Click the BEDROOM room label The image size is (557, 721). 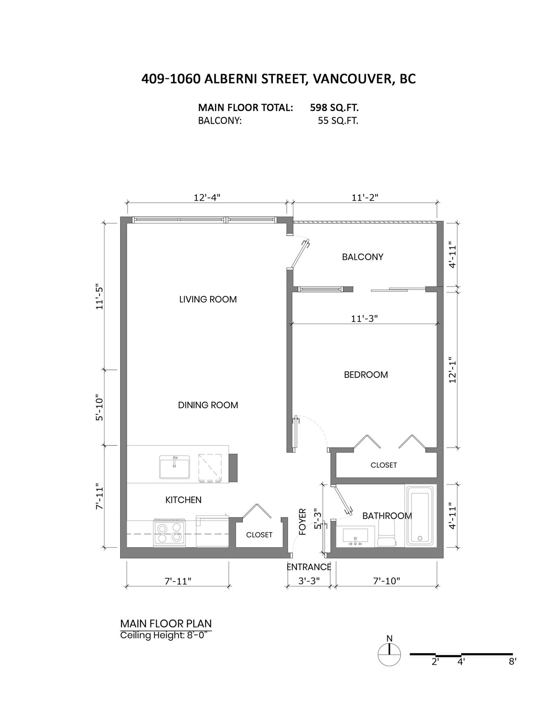click(x=366, y=374)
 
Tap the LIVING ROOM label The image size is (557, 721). click(x=208, y=299)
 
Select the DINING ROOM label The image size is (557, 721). click(x=208, y=405)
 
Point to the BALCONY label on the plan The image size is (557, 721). click(x=362, y=257)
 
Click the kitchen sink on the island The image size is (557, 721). click(x=174, y=467)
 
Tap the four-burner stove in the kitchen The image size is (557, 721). click(x=169, y=532)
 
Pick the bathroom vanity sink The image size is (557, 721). click(x=356, y=536)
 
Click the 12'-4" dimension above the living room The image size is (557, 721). click(x=207, y=197)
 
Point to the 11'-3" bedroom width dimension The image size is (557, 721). click(x=364, y=319)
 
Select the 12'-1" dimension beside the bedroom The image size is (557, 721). click(x=453, y=370)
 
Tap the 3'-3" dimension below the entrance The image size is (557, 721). click(x=309, y=581)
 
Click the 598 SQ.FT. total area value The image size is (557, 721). click(x=334, y=108)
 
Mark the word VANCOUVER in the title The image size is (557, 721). click(x=353, y=79)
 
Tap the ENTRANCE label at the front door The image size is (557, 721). click(x=309, y=567)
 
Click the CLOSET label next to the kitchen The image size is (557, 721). click(x=259, y=535)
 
